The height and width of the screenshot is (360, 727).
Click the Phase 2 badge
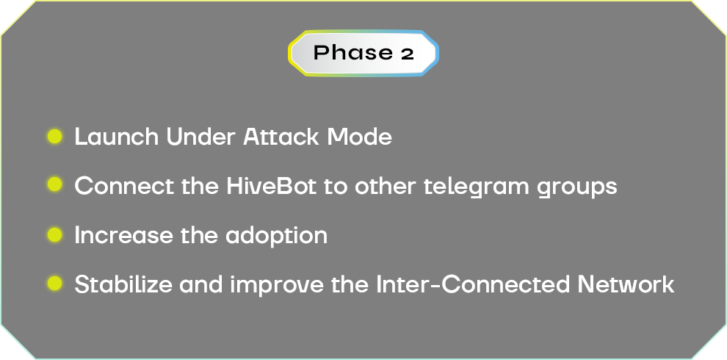coord(363,53)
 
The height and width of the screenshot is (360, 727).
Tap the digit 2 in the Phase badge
coord(407,54)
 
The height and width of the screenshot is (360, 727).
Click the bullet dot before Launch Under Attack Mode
coord(55,137)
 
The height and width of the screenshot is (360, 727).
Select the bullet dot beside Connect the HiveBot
coord(55,184)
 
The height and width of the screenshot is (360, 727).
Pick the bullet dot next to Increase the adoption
coord(55,234)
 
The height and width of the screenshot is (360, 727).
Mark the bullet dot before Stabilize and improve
coord(55,283)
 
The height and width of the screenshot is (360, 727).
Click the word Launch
coord(116,137)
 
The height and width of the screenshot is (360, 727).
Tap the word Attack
coord(282,137)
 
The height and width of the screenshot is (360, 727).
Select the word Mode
coord(359,137)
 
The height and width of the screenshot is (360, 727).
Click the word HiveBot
coord(271,186)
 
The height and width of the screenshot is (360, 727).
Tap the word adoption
coord(276,236)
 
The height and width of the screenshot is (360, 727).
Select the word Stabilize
coord(123,284)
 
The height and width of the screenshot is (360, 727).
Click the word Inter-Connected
coord(472,284)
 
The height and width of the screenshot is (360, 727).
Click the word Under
coord(200,137)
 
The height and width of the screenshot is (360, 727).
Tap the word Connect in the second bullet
coord(124,186)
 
